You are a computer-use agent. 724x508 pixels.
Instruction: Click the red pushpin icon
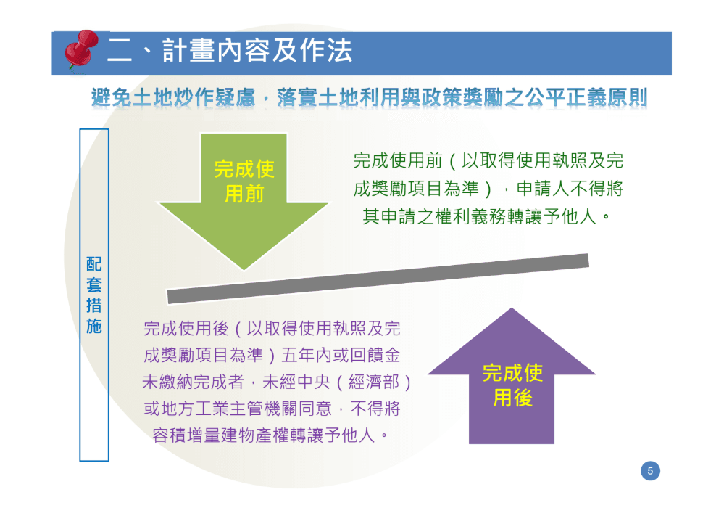[x=81, y=50]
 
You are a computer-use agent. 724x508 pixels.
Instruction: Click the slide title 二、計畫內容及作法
[x=230, y=50]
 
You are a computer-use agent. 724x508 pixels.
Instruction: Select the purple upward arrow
[x=512, y=376]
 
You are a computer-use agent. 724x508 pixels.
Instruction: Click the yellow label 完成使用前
[x=244, y=181]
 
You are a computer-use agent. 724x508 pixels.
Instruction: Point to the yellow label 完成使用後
[x=512, y=385]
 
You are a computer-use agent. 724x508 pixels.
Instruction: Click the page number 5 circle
[x=650, y=471]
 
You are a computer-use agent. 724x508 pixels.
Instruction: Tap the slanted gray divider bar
[x=378, y=279]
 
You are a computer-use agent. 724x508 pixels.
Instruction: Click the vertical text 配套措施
[x=94, y=295]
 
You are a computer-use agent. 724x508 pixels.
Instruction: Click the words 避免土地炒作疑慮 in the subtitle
[x=173, y=97]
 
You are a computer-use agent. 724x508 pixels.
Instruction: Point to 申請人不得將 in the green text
[x=570, y=189]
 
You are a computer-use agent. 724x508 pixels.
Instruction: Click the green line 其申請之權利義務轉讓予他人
[x=479, y=216]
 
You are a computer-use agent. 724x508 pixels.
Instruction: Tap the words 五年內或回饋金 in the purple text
[x=341, y=355]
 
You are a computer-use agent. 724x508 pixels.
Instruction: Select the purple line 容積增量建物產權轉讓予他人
[x=263, y=435]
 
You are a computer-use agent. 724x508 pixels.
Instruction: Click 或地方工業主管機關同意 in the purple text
[x=238, y=409]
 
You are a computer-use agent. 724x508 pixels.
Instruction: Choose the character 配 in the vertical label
[x=94, y=264]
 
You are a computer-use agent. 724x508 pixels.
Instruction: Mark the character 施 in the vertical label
[x=94, y=326]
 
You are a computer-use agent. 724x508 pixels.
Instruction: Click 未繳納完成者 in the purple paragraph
[x=193, y=382]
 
